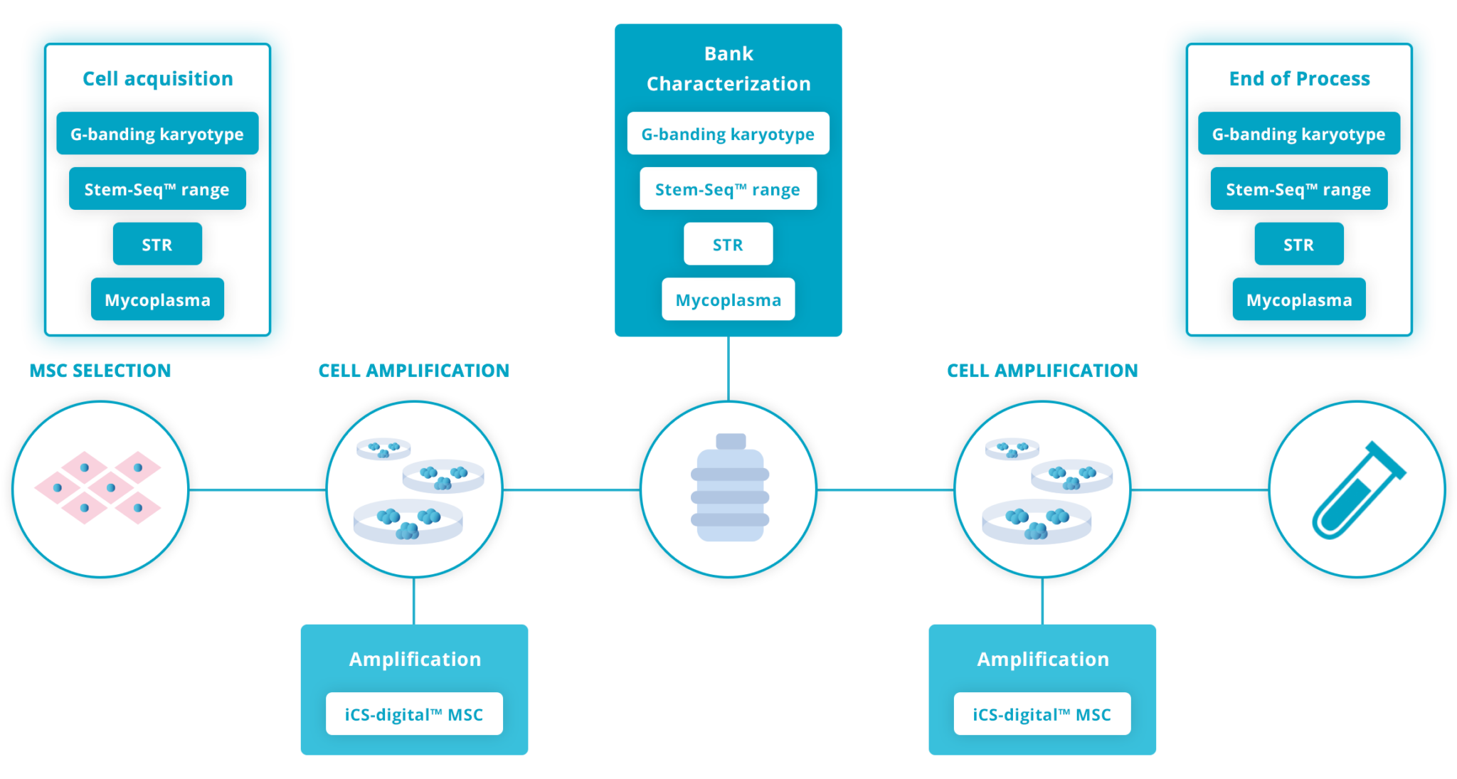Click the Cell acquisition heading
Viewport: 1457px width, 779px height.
(157, 78)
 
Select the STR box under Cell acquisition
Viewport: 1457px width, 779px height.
(157, 244)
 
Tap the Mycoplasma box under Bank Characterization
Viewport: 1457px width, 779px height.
(728, 300)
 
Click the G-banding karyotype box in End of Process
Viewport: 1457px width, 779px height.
(1298, 134)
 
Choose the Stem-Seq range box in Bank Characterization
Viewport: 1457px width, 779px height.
(728, 189)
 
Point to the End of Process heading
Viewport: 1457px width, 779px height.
(1299, 78)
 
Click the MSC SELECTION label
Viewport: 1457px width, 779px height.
(100, 371)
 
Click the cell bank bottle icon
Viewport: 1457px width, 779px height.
(729, 488)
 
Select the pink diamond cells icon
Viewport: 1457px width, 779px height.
(99, 488)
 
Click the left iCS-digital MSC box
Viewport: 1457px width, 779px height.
(414, 714)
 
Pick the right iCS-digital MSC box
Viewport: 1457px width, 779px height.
(1042, 714)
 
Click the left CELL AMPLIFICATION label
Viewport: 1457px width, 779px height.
(414, 371)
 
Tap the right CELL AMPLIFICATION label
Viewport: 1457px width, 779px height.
(1042, 371)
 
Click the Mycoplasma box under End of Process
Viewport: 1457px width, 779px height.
(1298, 300)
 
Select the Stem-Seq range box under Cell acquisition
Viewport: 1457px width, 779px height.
(157, 189)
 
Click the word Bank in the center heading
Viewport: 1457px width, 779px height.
(728, 54)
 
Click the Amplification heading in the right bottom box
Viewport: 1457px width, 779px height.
(1042, 659)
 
